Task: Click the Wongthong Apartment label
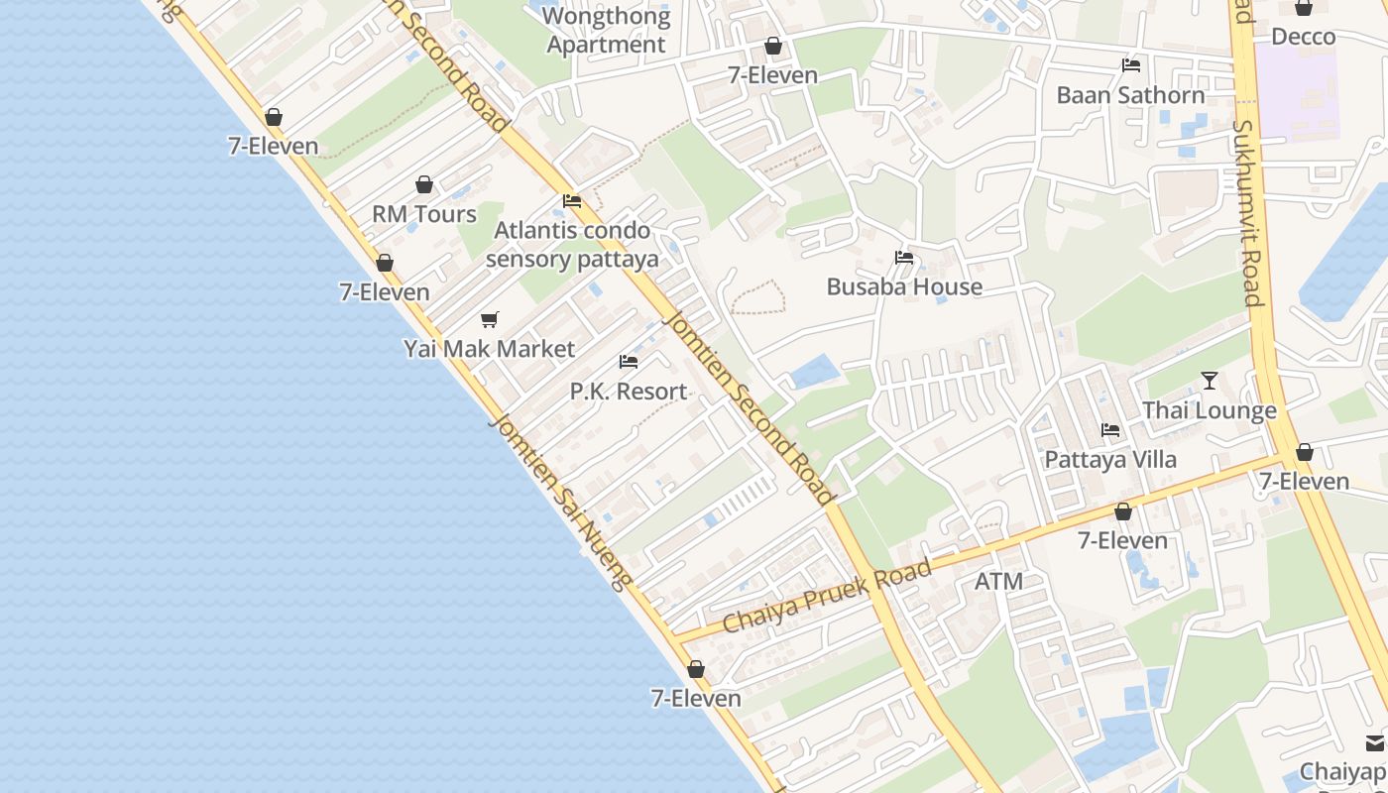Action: click(606, 31)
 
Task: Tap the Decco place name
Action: click(1303, 37)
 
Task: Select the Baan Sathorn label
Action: click(1130, 95)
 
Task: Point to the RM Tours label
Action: click(424, 214)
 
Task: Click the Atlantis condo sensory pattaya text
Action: click(572, 245)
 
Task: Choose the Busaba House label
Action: click(904, 286)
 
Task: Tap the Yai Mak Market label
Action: click(489, 349)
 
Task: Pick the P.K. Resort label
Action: click(629, 392)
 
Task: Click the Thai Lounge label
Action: click(1209, 410)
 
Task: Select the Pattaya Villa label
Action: click(1110, 460)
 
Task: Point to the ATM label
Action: click(998, 581)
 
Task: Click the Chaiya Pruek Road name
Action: click(827, 596)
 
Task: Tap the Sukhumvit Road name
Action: click(1246, 213)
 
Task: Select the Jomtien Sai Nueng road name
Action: click(559, 502)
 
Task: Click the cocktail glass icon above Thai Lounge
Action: click(1209, 381)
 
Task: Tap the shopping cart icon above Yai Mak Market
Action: click(489, 319)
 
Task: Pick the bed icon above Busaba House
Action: click(904, 258)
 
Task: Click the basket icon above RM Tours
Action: click(424, 184)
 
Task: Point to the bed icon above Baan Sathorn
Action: click(1130, 66)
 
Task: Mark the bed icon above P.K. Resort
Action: click(629, 362)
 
